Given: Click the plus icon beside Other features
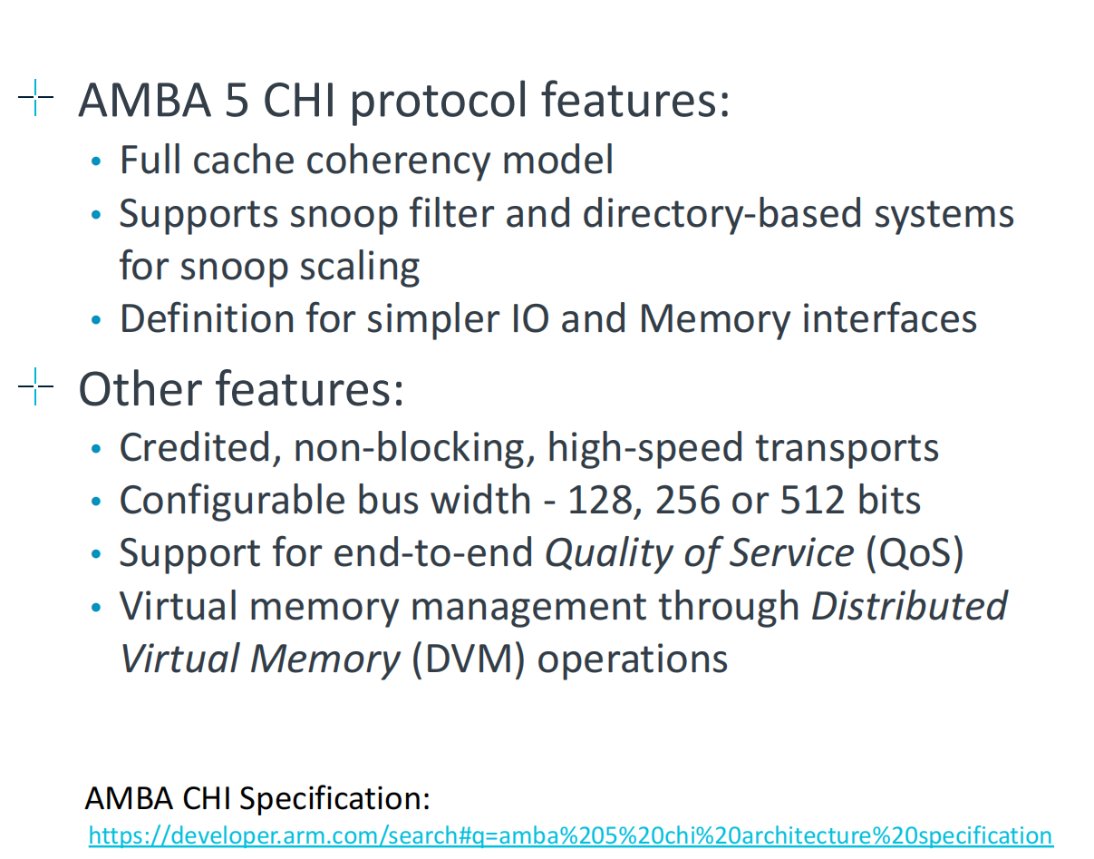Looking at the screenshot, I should tap(35, 388).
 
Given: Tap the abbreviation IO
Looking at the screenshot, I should tap(528, 319).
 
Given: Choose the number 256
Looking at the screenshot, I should tap(685, 501).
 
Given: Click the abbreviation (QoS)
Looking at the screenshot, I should tap(914, 553).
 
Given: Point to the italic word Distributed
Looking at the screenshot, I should tap(909, 606).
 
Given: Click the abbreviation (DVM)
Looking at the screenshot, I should tap(469, 659).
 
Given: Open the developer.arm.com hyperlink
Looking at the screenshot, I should tap(570, 835).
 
